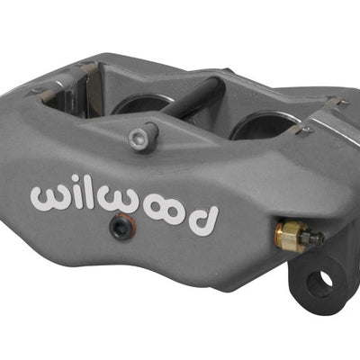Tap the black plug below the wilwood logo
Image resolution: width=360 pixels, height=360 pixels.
[119, 229]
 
